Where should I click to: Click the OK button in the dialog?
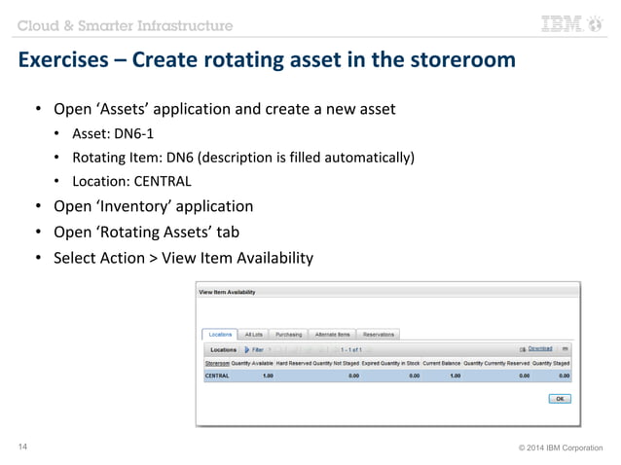(x=560, y=398)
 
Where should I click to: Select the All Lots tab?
(x=253, y=334)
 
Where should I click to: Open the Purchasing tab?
(x=288, y=334)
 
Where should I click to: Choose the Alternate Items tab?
(x=332, y=334)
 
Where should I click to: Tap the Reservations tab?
(x=378, y=334)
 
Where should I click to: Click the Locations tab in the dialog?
(x=221, y=334)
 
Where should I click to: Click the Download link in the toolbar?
(x=540, y=348)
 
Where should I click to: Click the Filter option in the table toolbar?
(x=255, y=349)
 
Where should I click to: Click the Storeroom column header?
(x=215, y=363)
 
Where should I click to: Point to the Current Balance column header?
(x=441, y=363)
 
